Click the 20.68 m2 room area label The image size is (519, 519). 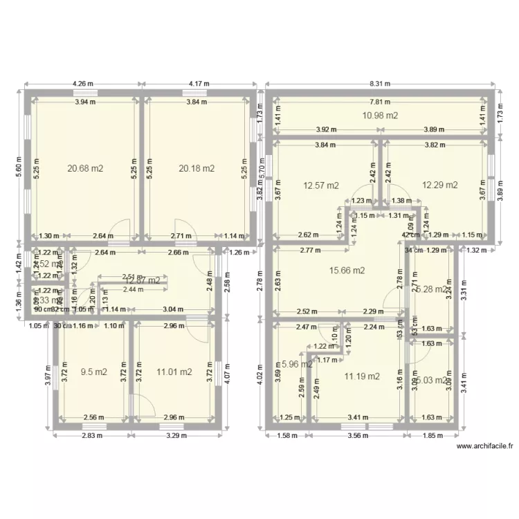(85, 167)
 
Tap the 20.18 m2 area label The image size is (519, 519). (197, 167)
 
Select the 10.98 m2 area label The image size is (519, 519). (380, 116)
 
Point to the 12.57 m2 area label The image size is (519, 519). (321, 185)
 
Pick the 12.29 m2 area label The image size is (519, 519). (440, 185)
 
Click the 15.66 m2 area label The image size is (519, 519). (347, 271)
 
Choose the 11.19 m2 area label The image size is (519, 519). (362, 376)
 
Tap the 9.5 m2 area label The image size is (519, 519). (94, 372)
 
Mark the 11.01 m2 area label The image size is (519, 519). (173, 372)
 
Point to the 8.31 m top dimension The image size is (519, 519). (380, 84)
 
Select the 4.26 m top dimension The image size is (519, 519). (84, 84)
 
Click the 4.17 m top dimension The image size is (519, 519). (198, 84)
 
